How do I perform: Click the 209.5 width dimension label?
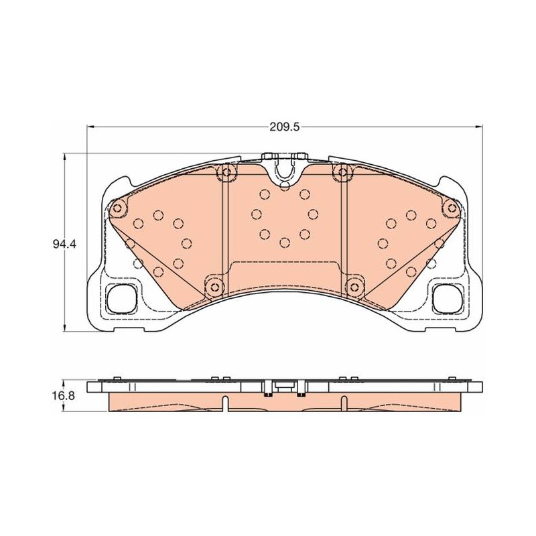[x=284, y=127]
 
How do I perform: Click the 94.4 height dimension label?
[x=64, y=244]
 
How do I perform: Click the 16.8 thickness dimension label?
[x=64, y=396]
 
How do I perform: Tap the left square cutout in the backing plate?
[x=122, y=298]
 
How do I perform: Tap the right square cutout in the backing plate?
[x=448, y=298]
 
